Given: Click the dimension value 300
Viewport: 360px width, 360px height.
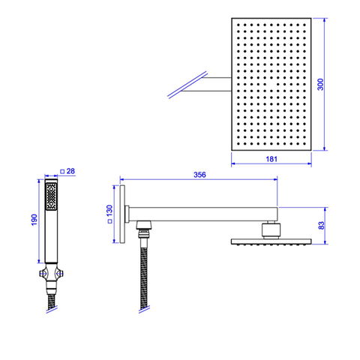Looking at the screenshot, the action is tap(320, 84).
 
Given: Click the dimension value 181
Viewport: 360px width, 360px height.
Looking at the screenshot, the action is tap(271, 159).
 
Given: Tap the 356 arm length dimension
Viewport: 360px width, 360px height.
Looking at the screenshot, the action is tap(199, 175).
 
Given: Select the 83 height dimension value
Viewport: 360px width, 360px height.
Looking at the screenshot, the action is tap(322, 225).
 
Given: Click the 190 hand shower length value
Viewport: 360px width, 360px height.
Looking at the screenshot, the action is tap(34, 220).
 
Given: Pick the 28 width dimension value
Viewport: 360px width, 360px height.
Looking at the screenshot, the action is tap(70, 171).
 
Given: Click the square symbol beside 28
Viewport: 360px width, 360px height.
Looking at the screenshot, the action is tap(62, 172).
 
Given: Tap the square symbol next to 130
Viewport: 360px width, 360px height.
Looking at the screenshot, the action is tap(109, 221).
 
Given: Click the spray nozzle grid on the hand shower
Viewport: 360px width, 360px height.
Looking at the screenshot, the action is tap(51, 196).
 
